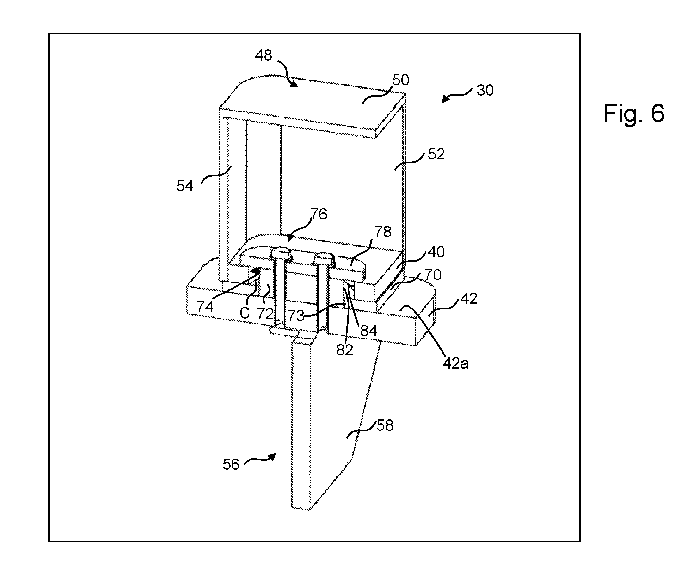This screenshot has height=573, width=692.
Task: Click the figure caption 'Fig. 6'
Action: [x=633, y=113]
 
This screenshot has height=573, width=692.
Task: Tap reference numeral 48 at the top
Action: [x=264, y=55]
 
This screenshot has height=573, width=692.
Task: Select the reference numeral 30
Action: [x=485, y=90]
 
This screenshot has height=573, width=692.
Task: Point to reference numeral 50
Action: [x=401, y=80]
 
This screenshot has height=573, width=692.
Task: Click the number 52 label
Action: [x=436, y=154]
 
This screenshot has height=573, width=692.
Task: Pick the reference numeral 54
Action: [x=185, y=186]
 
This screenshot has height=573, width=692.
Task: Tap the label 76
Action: [x=319, y=214]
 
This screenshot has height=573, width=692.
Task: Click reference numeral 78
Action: [x=383, y=232]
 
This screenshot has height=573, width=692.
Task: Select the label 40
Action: [x=436, y=252]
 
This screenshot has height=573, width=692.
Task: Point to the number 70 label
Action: [x=433, y=275]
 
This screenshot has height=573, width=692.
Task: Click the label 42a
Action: [x=456, y=363]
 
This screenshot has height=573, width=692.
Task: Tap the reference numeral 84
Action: [x=368, y=331]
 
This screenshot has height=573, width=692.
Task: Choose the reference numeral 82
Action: [x=345, y=350]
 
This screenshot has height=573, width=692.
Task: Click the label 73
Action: [x=296, y=316]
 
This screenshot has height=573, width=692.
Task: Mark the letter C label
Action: [x=245, y=313]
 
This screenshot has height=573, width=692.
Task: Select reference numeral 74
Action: [x=205, y=307]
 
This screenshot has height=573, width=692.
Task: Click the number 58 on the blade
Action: [x=385, y=426]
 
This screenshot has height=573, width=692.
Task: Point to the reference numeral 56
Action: [x=231, y=464]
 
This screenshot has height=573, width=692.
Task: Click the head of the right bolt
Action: [x=325, y=258]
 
